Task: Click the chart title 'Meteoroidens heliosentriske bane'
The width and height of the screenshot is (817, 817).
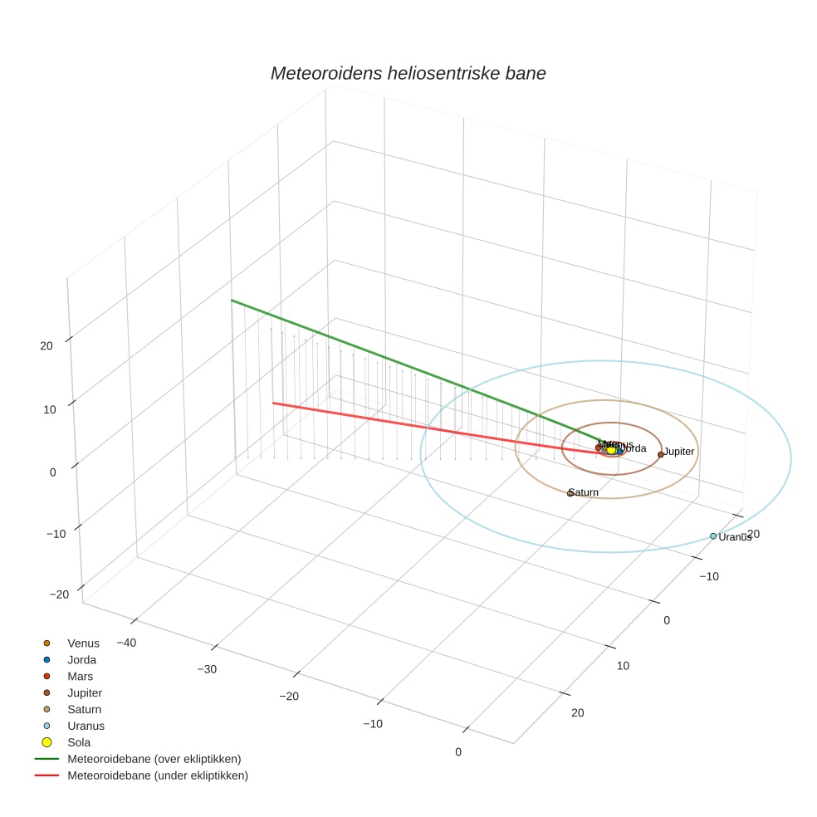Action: (408, 73)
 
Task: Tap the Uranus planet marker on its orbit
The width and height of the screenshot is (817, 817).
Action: (713, 536)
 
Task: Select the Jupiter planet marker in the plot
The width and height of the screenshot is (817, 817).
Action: (661, 454)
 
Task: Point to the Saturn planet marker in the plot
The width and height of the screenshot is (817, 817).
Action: (570, 493)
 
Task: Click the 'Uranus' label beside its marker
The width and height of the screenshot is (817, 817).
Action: (735, 537)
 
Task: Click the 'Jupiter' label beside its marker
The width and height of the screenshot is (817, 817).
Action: (679, 451)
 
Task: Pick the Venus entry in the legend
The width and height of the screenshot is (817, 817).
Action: (83, 643)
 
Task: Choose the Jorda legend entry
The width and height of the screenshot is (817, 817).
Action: (81, 660)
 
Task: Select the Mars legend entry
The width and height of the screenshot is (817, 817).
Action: (80, 677)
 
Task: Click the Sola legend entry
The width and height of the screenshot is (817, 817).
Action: (79, 742)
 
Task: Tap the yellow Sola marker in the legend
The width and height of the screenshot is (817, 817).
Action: (47, 742)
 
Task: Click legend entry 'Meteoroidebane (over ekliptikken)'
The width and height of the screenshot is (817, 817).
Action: (154, 759)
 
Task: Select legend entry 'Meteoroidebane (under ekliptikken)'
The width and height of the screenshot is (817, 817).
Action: (158, 775)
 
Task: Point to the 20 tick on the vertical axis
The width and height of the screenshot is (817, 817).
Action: (46, 346)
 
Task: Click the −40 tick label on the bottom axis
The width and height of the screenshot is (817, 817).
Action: (126, 643)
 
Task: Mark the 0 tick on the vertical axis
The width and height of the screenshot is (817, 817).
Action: (52, 472)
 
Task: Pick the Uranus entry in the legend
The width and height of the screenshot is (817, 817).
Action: (86, 726)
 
